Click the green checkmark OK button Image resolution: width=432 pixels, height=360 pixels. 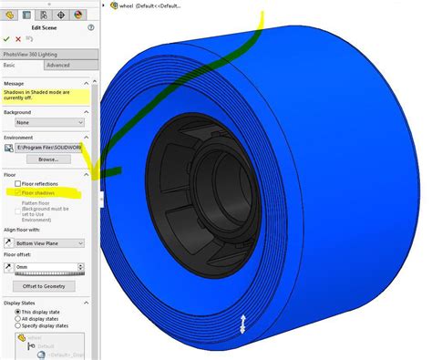coord(6,39)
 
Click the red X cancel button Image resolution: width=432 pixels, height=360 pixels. coord(18,39)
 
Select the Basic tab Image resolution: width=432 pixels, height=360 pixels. coord(12,66)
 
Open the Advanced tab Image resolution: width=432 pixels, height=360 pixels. coord(58,66)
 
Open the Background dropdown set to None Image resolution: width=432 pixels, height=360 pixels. coord(48,122)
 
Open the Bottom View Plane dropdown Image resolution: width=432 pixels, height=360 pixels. coord(53,243)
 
